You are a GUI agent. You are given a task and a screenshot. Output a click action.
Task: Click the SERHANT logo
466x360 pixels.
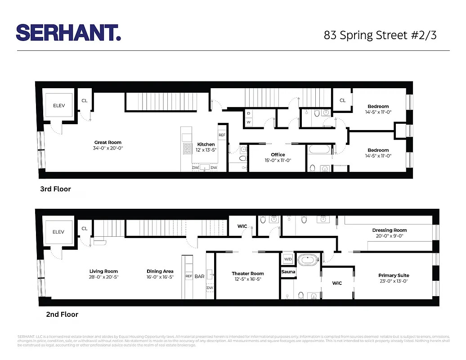pyautogui.click(x=68, y=33)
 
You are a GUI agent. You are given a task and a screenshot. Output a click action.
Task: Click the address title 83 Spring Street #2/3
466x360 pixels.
pyautogui.click(x=380, y=35)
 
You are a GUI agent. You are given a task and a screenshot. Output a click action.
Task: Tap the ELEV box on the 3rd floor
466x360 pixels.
pyautogui.click(x=59, y=105)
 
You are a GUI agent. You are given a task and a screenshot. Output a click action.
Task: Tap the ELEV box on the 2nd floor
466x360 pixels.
pyautogui.click(x=58, y=232)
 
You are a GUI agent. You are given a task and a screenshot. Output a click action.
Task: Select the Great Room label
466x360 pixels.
pyautogui.click(x=108, y=142)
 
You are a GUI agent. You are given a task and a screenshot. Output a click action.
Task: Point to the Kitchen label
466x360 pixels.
pyautogui.click(x=206, y=144)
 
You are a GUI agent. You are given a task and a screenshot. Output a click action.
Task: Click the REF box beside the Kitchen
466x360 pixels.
pyautogui.click(x=222, y=135)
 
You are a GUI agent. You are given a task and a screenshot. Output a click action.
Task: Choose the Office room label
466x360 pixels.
pyautogui.click(x=278, y=155)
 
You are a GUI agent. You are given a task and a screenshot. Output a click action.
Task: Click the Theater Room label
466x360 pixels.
pyautogui.click(x=248, y=274)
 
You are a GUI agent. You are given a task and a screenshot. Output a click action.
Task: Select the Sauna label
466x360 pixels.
pyautogui.click(x=288, y=272)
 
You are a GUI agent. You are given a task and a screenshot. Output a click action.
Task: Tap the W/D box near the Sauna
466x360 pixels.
pyautogui.click(x=287, y=259)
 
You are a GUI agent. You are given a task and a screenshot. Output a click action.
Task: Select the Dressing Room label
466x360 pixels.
pyautogui.click(x=390, y=230)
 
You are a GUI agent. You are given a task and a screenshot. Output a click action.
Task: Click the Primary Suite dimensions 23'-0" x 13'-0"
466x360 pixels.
pyautogui.click(x=394, y=281)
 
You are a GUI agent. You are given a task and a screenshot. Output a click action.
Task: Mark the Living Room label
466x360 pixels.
pyautogui.click(x=103, y=271)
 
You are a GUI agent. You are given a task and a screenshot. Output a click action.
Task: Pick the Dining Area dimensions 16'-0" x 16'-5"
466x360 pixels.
pyautogui.click(x=160, y=277)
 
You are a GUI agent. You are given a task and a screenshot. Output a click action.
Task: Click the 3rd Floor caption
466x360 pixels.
pyautogui.click(x=55, y=189)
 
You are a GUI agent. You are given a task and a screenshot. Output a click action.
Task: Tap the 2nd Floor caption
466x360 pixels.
pyautogui.click(x=62, y=314)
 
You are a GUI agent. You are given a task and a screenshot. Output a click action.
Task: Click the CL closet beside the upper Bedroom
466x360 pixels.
pyautogui.click(x=342, y=100)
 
